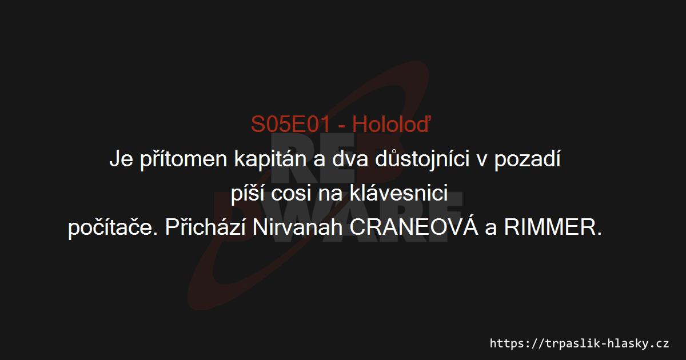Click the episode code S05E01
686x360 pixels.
click(x=290, y=125)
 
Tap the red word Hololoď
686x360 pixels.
click(x=392, y=124)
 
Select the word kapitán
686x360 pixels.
click(x=270, y=159)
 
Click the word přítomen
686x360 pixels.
click(x=184, y=159)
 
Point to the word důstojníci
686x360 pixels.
click(x=422, y=159)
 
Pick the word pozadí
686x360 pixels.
click(x=528, y=159)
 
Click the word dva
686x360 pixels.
click(x=350, y=159)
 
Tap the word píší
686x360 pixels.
click(x=248, y=194)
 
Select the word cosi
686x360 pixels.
click(x=291, y=194)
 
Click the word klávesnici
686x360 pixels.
click(x=399, y=193)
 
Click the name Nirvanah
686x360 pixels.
click(x=297, y=227)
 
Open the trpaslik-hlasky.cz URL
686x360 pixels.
click(x=579, y=343)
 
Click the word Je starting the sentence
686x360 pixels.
click(x=121, y=159)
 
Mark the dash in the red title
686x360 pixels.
click(x=341, y=126)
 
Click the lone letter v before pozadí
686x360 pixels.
click(x=482, y=161)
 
